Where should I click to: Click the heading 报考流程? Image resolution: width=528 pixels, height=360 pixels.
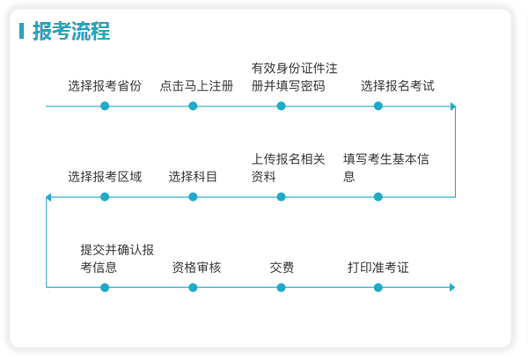tap(71, 31)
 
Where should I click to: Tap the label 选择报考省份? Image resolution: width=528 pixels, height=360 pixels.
tap(105, 86)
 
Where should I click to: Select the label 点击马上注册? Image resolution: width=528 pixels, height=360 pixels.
tap(196, 86)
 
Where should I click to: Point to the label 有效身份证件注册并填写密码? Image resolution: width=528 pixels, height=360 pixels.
tap(294, 77)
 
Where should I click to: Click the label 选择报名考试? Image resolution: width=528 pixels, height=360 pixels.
tap(398, 86)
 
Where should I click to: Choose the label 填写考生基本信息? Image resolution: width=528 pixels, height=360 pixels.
tap(386, 168)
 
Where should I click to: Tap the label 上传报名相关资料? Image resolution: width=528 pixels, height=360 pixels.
tap(289, 168)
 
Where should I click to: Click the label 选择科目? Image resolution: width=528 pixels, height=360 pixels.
tap(193, 176)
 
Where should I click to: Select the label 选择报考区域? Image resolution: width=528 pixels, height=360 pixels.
tap(105, 176)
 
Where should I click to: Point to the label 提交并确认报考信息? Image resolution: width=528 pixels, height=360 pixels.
tap(117, 259)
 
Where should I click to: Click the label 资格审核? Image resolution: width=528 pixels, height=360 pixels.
tap(196, 268)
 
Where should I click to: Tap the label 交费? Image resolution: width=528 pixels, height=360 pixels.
tap(282, 268)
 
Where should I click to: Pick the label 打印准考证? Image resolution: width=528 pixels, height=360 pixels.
tap(378, 268)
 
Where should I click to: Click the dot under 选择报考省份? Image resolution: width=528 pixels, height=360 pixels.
tap(105, 107)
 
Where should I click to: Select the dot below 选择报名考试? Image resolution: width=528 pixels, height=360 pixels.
tap(378, 107)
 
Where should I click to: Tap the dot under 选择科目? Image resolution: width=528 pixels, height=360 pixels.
tap(193, 196)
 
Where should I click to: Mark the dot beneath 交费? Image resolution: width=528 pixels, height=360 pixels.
tap(282, 288)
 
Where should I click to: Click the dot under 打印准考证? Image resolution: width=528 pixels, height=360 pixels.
tap(378, 288)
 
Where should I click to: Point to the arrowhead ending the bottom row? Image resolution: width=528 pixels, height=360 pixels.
tap(452, 287)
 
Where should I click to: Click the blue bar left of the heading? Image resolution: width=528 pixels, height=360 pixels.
tap(21, 31)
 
